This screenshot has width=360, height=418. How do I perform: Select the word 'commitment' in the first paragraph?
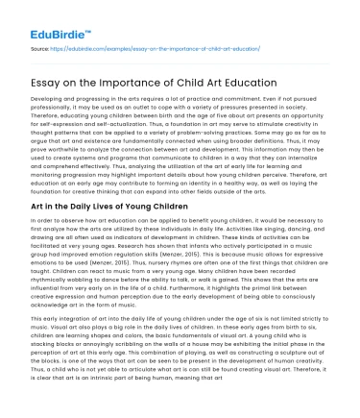(285, 99)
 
